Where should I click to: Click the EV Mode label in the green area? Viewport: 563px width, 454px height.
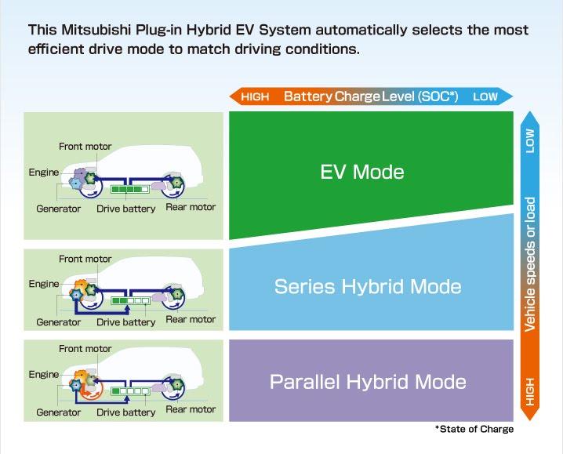coord(362,171)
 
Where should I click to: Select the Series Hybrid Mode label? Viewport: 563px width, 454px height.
coord(368,286)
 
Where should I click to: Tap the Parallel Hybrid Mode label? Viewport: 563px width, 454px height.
coord(368,382)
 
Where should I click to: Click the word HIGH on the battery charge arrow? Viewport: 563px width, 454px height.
coord(256,97)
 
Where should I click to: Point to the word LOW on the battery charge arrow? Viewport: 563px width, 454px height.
coord(485,97)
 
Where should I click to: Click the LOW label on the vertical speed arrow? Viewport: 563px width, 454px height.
coord(530,140)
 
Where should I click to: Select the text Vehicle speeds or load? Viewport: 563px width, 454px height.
coord(530,263)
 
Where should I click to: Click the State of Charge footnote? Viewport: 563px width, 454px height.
coord(474,429)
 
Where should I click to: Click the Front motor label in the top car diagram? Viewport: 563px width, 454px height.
coord(85,147)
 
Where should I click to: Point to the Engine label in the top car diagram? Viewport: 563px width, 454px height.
coord(44,172)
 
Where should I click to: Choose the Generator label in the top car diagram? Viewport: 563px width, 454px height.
coord(59,209)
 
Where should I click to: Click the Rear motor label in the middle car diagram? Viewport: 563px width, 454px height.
coord(191,319)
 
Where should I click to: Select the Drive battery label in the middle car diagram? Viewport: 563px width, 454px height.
coord(126,322)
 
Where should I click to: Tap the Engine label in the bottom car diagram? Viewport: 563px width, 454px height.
coord(44,374)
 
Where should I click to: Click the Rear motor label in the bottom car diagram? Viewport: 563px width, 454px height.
coord(191,409)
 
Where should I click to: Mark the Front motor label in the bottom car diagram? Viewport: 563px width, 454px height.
coord(85,349)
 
